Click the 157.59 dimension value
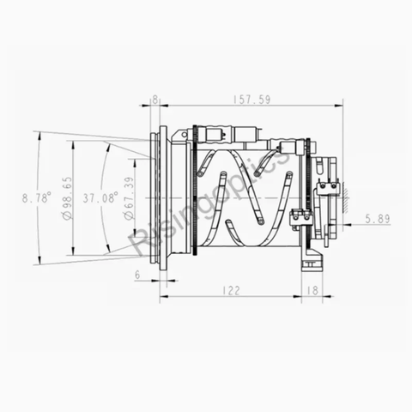tap(251, 100)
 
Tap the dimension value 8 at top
tap(154, 100)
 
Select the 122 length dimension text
tap(230, 291)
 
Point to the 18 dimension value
tap(312, 291)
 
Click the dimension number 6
tap(137, 275)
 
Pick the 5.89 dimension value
tap(378, 219)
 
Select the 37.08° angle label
tap(100, 197)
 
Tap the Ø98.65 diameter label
tap(67, 197)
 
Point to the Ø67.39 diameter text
tap(129, 198)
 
